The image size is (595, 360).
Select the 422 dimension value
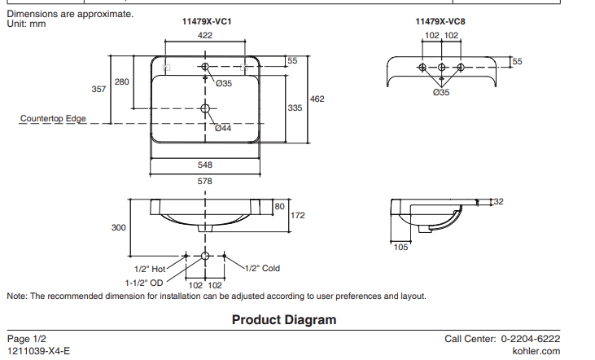click(x=205, y=35)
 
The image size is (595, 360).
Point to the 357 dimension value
click(x=98, y=89)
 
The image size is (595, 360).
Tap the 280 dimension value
click(x=121, y=81)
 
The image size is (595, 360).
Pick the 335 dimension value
click(x=295, y=108)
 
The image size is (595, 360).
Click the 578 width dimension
click(x=205, y=181)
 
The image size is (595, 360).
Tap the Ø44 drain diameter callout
click(x=223, y=128)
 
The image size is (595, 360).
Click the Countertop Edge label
click(x=53, y=119)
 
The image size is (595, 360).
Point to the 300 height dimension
click(x=119, y=227)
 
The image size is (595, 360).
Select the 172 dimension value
click(x=298, y=216)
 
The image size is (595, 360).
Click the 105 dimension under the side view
click(x=400, y=248)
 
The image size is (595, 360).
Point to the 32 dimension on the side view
click(x=499, y=200)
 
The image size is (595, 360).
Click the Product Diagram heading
click(x=284, y=320)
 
